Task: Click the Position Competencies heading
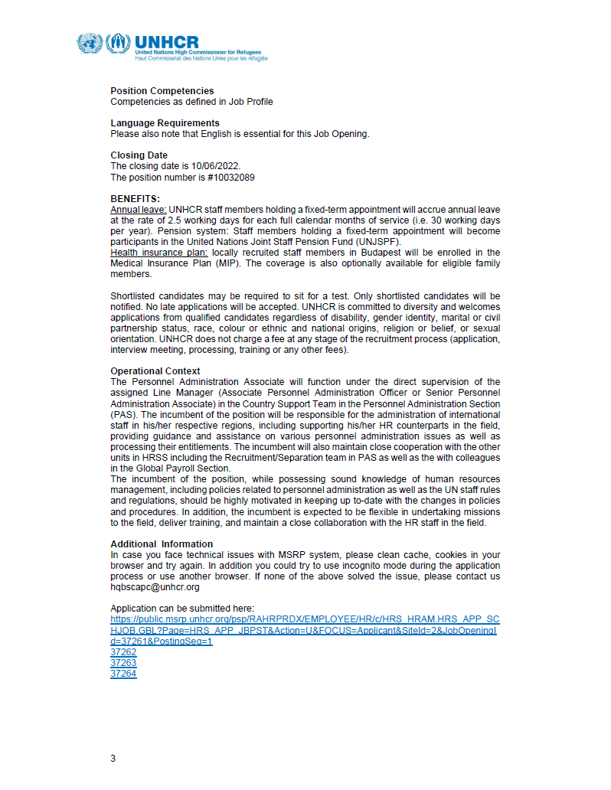tap(162, 91)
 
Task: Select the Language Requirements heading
tap(165, 123)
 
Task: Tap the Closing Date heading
tap(139, 155)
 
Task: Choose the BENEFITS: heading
tap(135, 199)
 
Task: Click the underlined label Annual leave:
tap(138, 209)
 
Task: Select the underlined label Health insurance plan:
tap(159, 253)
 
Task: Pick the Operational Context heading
tap(155, 371)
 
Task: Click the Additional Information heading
tap(162, 544)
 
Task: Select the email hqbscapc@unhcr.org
tap(155, 587)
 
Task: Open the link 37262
tap(123, 652)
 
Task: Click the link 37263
tap(123, 663)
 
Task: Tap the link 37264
tap(123, 674)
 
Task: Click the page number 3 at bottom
tap(113, 759)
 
